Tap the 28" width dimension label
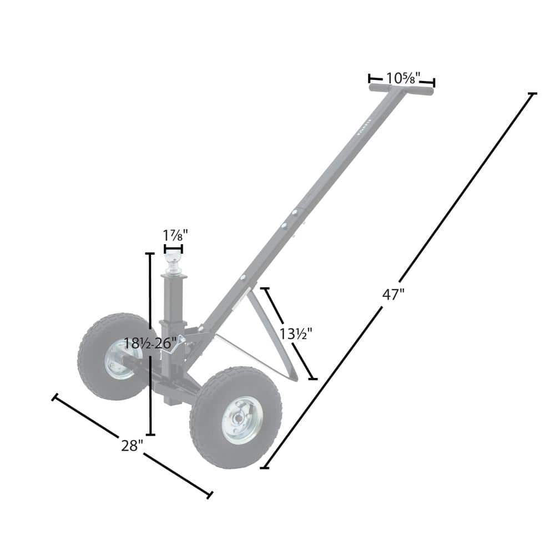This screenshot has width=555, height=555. point(133,445)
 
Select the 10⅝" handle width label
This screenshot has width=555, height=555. point(403,78)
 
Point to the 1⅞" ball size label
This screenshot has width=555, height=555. point(175,235)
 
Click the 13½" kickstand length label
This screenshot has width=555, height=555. point(296,334)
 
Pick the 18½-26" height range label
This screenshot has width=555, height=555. point(150,343)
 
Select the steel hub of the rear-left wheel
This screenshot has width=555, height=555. point(119,359)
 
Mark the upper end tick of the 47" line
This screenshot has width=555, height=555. point(533,94)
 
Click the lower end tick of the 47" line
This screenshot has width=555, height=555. point(265,468)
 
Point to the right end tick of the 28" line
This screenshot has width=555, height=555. point(210,495)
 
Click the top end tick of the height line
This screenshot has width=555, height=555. point(149,253)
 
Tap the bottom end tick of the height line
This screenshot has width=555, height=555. point(150,435)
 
